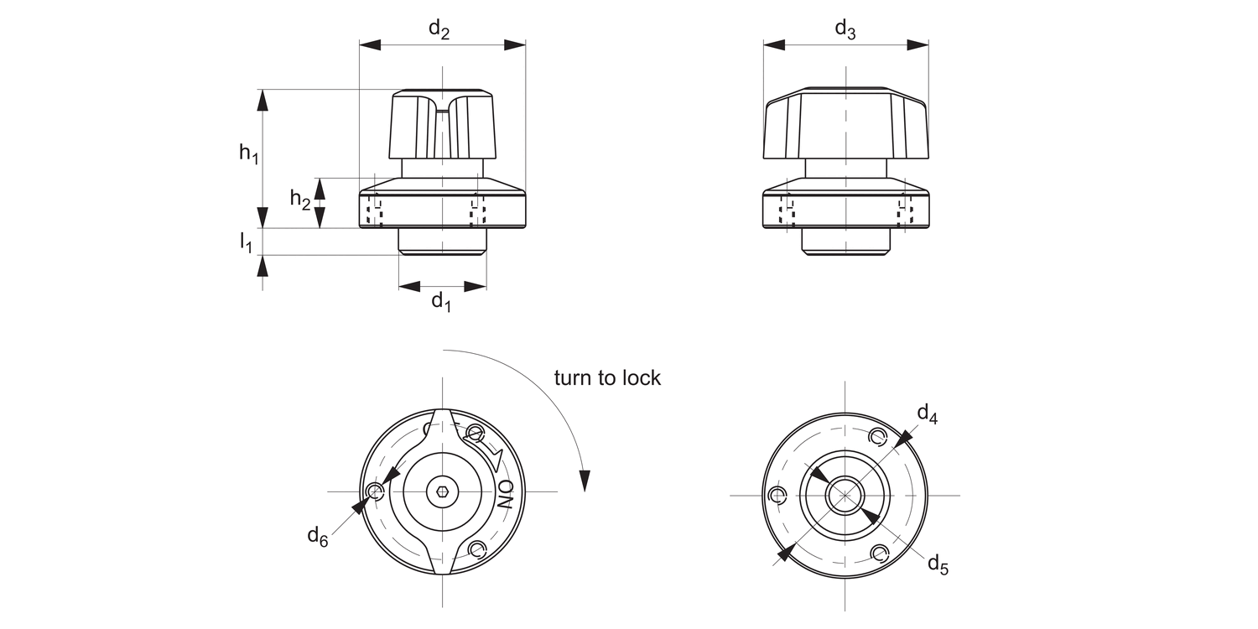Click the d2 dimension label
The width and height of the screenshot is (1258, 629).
[x=439, y=29]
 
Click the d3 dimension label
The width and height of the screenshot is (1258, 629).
[x=845, y=29]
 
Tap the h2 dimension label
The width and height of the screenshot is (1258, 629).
[x=300, y=199]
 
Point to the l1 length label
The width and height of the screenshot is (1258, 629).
[x=246, y=243]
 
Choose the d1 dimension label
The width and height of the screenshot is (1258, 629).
[x=441, y=301]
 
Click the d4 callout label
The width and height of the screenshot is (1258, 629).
[x=927, y=413]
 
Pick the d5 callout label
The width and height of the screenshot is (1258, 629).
[x=938, y=564]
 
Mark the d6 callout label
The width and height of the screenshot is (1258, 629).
[x=317, y=536]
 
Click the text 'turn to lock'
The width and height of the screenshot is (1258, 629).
[x=607, y=378]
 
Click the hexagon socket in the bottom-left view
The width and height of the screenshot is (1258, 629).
[x=442, y=491]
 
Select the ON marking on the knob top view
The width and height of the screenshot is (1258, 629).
[x=506, y=495]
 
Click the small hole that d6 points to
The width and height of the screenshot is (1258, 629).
[x=375, y=491]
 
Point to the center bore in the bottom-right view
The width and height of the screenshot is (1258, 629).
[x=845, y=495]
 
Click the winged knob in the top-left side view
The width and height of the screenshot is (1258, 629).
[x=442, y=126]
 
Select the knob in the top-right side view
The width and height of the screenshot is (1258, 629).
[x=845, y=124]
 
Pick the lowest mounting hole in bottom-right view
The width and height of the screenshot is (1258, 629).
[x=879, y=553]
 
